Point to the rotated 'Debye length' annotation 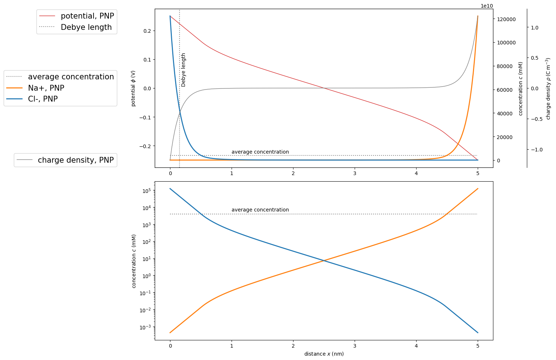pyautogui.click(x=184, y=70)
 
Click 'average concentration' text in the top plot pyautogui.click(x=260, y=152)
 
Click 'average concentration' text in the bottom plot pyautogui.click(x=260, y=210)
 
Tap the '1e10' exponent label pyautogui.click(x=487, y=6)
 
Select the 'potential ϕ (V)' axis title pyautogui.click(x=133, y=88)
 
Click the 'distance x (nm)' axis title pyautogui.click(x=324, y=354)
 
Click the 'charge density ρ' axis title pyautogui.click(x=548, y=88)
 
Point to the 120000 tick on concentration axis pyautogui.click(x=506, y=19)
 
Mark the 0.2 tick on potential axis pyautogui.click(x=147, y=31)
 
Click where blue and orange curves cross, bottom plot pyautogui.click(x=324, y=260)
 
